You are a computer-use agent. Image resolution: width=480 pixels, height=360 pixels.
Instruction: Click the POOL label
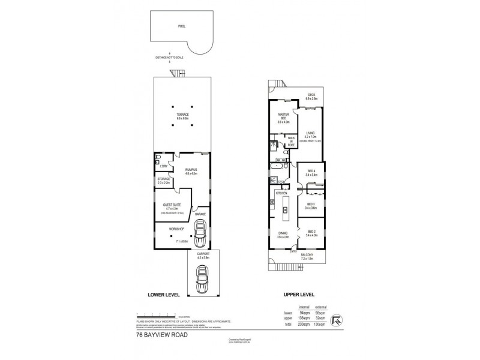click(x=182, y=26)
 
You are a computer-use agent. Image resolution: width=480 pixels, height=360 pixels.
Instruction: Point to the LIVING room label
click(x=310, y=134)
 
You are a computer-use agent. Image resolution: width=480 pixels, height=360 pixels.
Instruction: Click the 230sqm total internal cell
click(x=294, y=324)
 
